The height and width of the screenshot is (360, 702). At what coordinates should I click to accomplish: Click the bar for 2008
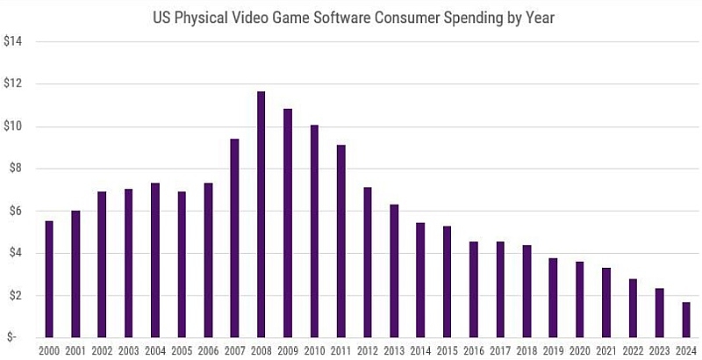click(x=261, y=214)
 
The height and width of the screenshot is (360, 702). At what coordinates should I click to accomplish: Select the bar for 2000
click(x=49, y=279)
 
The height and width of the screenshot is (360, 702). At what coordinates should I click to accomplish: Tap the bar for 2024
click(x=684, y=320)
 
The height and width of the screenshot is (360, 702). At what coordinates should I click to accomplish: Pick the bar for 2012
click(x=367, y=263)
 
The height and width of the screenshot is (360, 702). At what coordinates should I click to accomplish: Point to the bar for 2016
click(x=473, y=290)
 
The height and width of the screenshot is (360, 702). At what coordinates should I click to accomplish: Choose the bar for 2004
click(x=155, y=260)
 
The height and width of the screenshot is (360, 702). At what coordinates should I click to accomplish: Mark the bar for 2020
click(x=579, y=299)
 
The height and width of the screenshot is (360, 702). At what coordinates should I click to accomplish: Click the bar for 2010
click(x=314, y=231)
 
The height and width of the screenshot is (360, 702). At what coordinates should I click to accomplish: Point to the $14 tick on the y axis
click(x=13, y=42)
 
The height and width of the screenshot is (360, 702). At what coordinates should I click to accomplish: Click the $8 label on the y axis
click(x=13, y=169)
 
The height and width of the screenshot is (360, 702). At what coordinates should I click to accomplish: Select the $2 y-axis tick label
click(x=13, y=296)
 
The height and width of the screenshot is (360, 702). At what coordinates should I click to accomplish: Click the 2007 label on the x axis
click(x=234, y=351)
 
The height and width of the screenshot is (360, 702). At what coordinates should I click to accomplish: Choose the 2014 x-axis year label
click(x=420, y=351)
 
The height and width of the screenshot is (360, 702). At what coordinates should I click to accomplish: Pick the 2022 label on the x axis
click(x=632, y=351)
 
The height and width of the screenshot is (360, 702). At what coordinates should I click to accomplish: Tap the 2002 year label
click(x=102, y=351)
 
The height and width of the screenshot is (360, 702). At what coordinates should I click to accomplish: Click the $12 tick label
click(x=13, y=84)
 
